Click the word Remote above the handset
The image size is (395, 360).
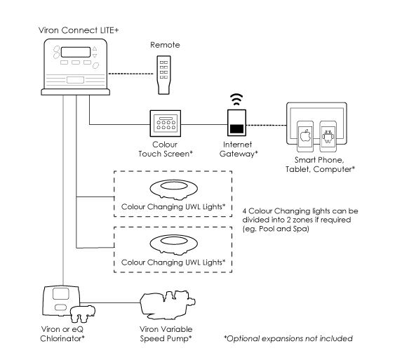point(165,44)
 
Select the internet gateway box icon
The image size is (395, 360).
point(236,123)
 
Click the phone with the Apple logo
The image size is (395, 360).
point(304,135)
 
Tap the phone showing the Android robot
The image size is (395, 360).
point(328,135)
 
